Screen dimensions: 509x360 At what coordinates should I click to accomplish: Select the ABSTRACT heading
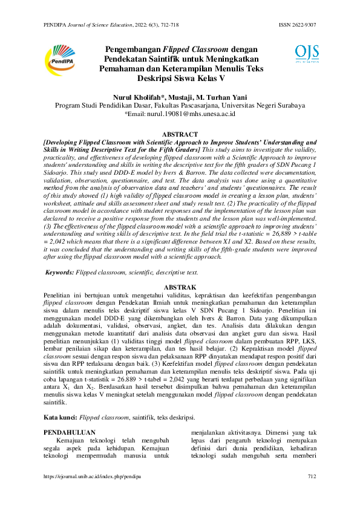(x=180, y=134)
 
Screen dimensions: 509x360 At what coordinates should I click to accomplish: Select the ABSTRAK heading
(x=180, y=287)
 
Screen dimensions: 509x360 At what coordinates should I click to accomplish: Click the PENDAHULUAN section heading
(x=71, y=432)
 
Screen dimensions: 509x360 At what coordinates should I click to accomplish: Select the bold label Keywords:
(x=60, y=273)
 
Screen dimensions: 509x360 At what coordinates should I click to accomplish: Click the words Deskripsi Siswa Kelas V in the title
(x=180, y=78)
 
